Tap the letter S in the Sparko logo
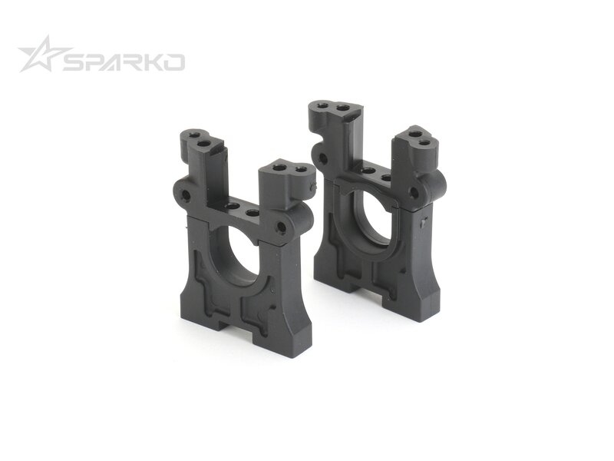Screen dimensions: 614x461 (x=74, y=62)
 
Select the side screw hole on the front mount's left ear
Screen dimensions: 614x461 (x=186, y=194)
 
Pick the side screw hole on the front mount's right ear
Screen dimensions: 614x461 (x=281, y=226)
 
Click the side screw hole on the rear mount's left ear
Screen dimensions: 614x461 (x=323, y=159)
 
